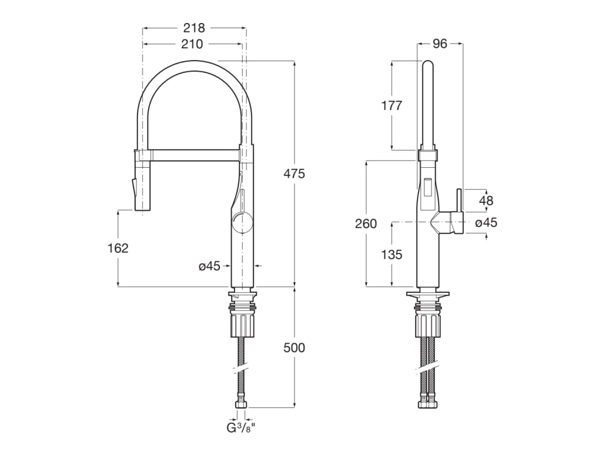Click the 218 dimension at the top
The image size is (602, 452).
(194, 28)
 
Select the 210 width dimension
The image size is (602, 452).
(192, 44)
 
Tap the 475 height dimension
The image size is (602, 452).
(294, 174)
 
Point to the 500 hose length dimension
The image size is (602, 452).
(294, 348)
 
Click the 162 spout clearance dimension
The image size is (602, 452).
(118, 248)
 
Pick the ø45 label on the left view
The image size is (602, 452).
(209, 266)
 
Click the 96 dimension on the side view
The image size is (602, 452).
(440, 44)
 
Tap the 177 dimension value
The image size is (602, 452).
(392, 105)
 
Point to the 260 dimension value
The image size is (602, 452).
(366, 224)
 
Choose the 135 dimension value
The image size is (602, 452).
(392, 254)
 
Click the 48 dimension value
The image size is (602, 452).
(486, 201)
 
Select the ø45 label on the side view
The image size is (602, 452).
(486, 222)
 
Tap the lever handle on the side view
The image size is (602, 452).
(457, 212)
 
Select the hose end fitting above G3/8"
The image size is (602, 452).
(241, 404)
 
